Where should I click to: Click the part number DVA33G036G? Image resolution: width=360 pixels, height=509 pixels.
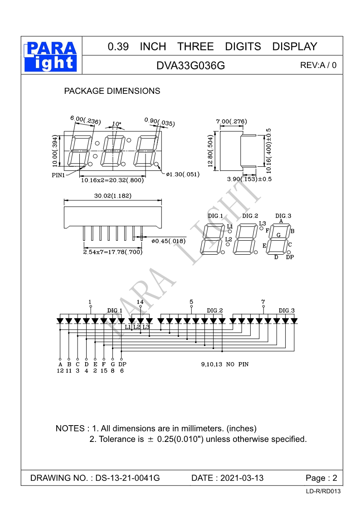(190, 65)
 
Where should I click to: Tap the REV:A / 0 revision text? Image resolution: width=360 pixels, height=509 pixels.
(318, 65)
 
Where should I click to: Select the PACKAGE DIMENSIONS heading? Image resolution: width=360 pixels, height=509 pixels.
(112, 91)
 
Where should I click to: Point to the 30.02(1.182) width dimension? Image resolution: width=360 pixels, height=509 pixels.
(113, 196)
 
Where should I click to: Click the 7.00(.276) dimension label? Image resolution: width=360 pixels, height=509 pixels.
(231, 121)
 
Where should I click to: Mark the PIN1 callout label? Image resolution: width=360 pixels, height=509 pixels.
(58, 175)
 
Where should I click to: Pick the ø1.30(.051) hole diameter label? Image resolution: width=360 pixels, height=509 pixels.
(183, 174)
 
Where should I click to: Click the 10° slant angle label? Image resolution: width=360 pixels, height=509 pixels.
(117, 123)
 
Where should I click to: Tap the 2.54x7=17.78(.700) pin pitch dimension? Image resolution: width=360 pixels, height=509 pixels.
(112, 252)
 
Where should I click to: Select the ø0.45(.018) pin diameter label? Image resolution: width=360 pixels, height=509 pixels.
(169, 241)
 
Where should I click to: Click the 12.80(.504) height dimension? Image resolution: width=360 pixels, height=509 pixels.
(210, 151)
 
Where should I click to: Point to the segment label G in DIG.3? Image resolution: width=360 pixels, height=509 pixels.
(279, 235)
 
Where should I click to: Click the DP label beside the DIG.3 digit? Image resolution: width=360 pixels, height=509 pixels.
(290, 257)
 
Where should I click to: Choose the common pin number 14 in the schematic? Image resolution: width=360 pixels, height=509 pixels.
(140, 302)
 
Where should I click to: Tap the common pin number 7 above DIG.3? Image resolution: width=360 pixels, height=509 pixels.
(263, 302)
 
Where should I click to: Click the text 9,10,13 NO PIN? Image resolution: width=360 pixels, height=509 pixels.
(225, 364)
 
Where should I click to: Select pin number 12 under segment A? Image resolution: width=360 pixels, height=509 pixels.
(60, 370)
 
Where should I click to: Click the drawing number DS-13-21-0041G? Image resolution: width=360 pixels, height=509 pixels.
(128, 478)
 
